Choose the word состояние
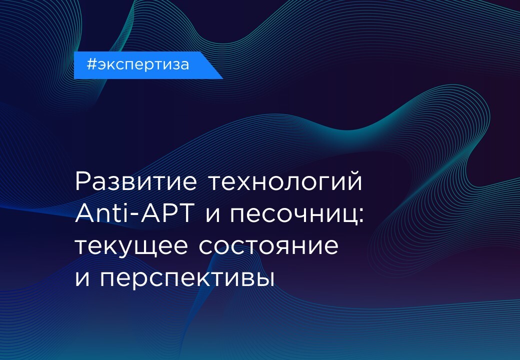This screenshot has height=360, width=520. click(x=269, y=245)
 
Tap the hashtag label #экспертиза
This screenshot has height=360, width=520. click(x=137, y=64)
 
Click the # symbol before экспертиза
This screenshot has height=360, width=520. click(x=91, y=64)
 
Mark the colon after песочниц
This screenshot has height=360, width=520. click(x=361, y=214)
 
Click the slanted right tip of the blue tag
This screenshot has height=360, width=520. click(x=223, y=78)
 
